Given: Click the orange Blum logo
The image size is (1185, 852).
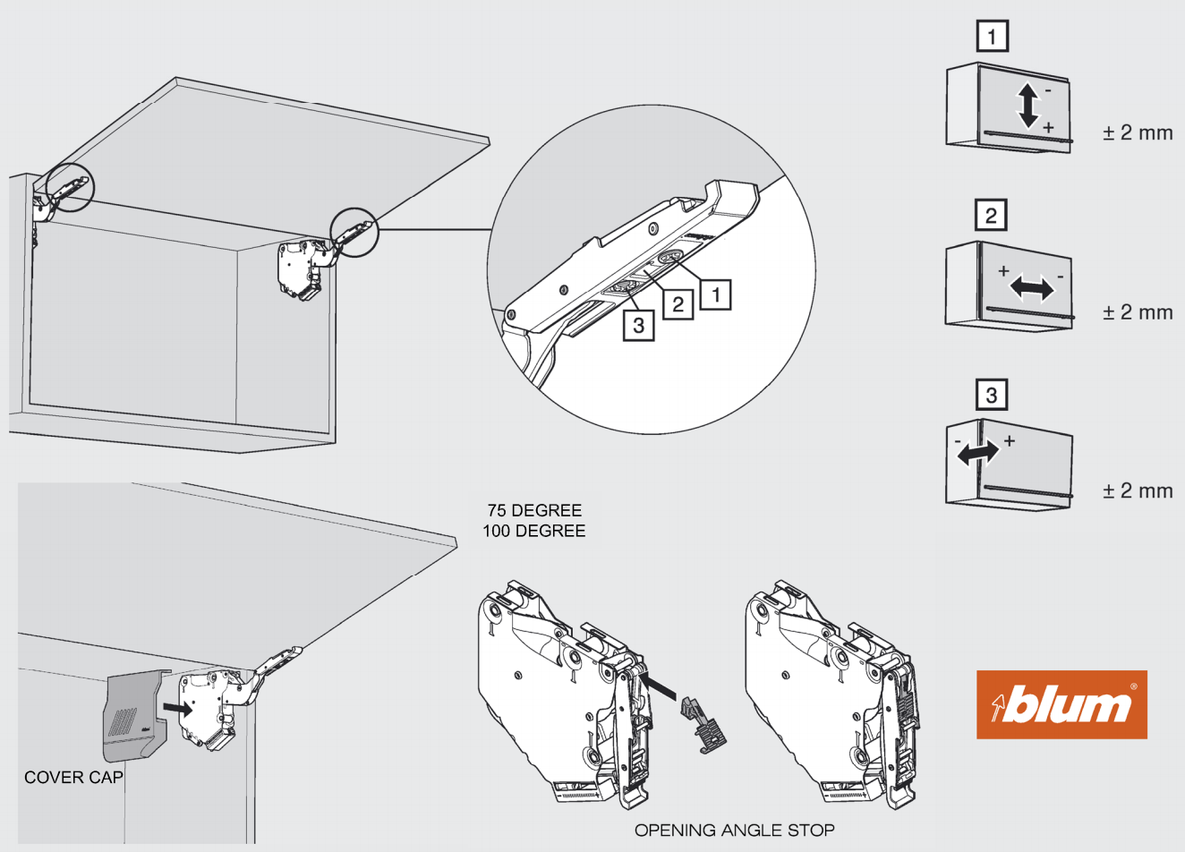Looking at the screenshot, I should [x=1061, y=704].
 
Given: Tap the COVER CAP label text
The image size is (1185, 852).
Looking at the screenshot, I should [x=73, y=778].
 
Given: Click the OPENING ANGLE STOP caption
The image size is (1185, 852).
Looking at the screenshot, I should [x=734, y=831].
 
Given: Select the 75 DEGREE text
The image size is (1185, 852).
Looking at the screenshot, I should [x=534, y=511].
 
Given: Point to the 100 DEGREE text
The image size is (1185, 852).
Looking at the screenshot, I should [x=534, y=531].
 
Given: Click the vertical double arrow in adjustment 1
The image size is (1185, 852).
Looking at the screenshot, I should [x=1028, y=106].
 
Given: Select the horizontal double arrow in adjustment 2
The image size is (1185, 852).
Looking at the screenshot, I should [x=1031, y=288].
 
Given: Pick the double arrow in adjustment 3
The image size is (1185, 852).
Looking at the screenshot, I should [x=978, y=453].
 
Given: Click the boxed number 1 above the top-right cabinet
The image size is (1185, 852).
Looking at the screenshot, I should [x=992, y=37].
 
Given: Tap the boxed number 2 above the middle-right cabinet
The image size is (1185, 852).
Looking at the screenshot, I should [x=991, y=216].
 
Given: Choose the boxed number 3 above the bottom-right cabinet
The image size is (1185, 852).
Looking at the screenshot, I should [x=991, y=395].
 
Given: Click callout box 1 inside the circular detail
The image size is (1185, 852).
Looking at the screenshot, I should [x=716, y=294].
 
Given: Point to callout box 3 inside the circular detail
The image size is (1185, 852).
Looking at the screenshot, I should [x=638, y=325].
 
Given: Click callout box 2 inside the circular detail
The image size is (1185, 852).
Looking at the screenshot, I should [x=678, y=304].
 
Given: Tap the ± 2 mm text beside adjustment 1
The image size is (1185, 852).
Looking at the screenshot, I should [x=1138, y=132].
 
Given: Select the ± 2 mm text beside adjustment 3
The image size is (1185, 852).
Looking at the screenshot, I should [x=1138, y=490].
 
